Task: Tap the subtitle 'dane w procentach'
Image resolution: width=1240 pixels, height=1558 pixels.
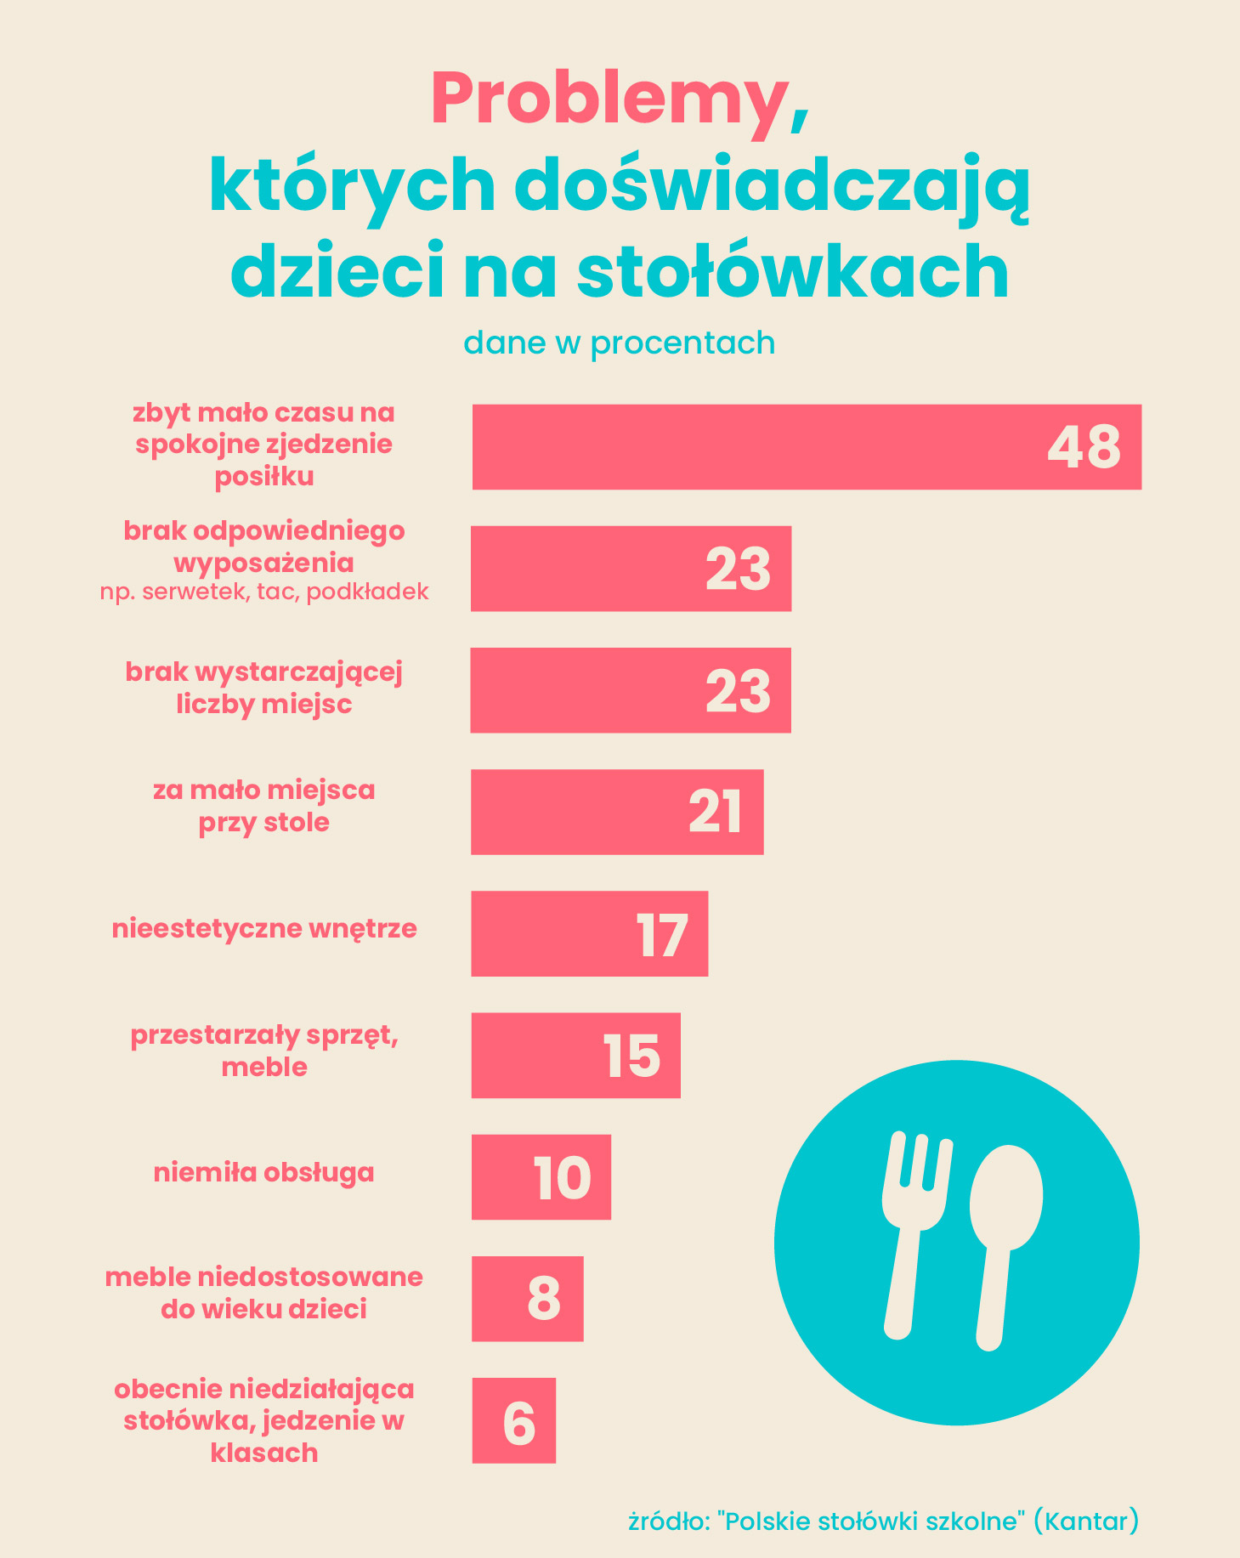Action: point(619,343)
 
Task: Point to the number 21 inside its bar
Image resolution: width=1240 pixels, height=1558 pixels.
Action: point(716,813)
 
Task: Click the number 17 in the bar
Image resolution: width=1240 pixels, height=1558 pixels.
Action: point(661,935)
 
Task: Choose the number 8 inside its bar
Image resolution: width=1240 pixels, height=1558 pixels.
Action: point(544,1299)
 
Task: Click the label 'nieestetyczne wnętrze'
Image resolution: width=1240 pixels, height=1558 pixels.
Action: point(264,928)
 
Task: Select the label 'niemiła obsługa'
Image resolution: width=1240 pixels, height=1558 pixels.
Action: point(263,1173)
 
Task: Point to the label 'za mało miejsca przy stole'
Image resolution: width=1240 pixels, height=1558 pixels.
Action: point(263,806)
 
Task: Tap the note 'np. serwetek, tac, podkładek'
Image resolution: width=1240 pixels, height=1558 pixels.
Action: point(263,592)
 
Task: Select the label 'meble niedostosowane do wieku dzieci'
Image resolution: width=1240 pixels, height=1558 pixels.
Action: point(263,1293)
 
